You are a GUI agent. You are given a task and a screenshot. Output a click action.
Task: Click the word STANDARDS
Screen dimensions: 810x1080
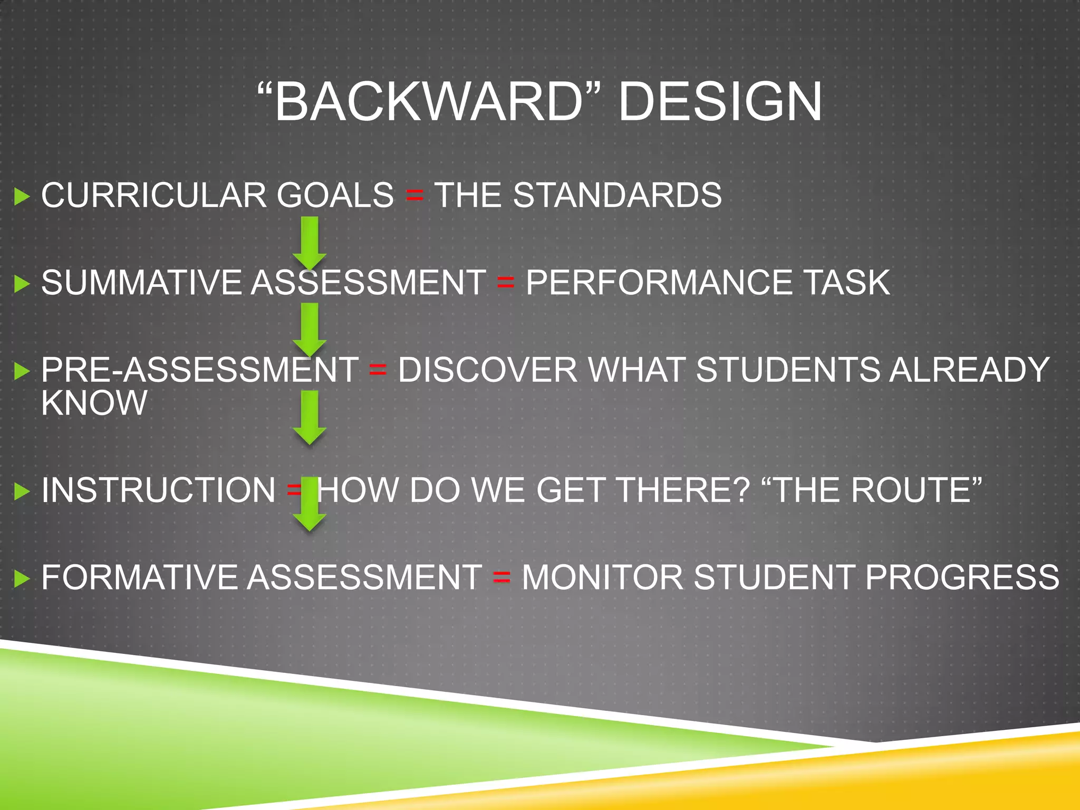pyautogui.click(x=617, y=195)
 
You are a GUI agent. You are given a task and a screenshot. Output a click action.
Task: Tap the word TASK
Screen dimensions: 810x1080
pyautogui.click(x=846, y=282)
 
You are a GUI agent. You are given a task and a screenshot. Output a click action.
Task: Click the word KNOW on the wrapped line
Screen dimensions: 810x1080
pyautogui.click(x=94, y=403)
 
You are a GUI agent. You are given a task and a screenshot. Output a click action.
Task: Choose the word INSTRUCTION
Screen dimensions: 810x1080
pyautogui.click(x=158, y=490)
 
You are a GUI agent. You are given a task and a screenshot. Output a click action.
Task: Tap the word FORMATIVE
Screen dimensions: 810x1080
pyautogui.click(x=139, y=577)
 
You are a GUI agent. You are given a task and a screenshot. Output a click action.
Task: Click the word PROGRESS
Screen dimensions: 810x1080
pyautogui.click(x=962, y=577)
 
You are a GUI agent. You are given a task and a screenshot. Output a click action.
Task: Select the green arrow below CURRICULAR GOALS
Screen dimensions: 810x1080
pyautogui.click(x=310, y=243)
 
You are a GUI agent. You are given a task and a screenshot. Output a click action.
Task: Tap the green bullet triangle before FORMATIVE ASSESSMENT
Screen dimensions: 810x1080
pyautogui.click(x=22, y=578)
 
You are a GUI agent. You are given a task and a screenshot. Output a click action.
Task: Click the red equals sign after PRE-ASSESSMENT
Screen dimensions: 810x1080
pyautogui.click(x=378, y=370)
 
